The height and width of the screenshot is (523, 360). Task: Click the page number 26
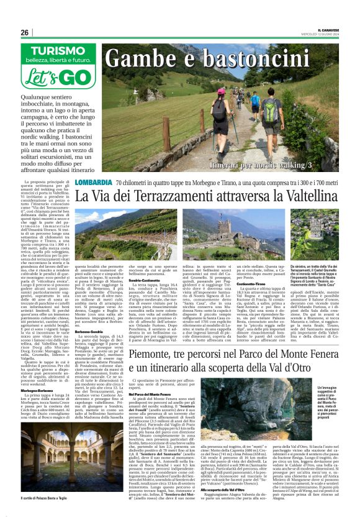point(24,32)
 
